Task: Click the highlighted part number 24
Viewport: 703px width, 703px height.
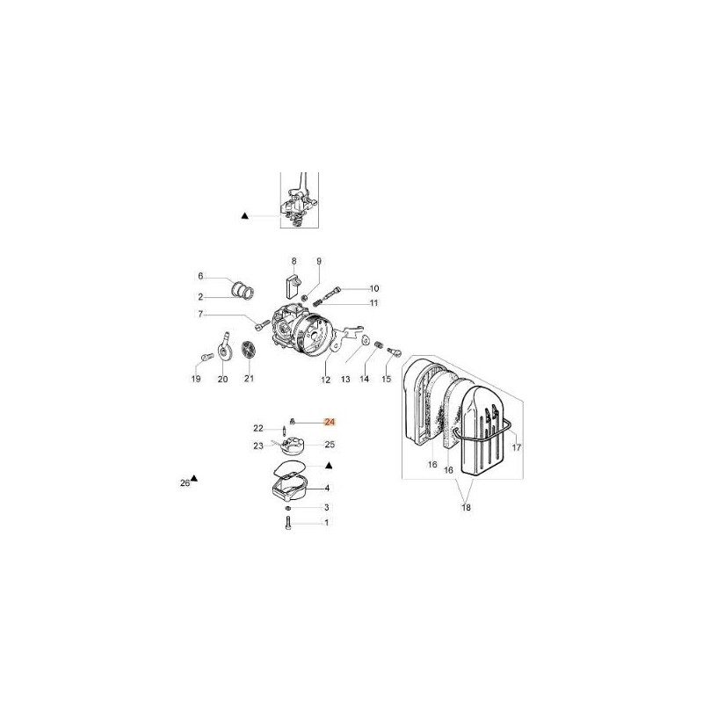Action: tap(330, 422)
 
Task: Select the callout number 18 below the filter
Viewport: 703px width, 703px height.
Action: tap(467, 508)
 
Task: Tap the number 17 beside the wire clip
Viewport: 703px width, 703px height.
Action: tap(517, 447)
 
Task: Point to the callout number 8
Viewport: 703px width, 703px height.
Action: tap(294, 261)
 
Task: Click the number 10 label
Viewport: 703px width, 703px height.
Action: tap(374, 288)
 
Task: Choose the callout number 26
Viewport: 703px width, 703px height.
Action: tap(185, 482)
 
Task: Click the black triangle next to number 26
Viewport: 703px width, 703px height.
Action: tap(194, 478)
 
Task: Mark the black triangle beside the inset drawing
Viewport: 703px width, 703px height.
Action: tap(245, 215)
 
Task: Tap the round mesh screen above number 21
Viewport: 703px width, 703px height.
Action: tap(248, 349)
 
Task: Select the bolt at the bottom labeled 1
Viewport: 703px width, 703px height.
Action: tap(288, 523)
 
